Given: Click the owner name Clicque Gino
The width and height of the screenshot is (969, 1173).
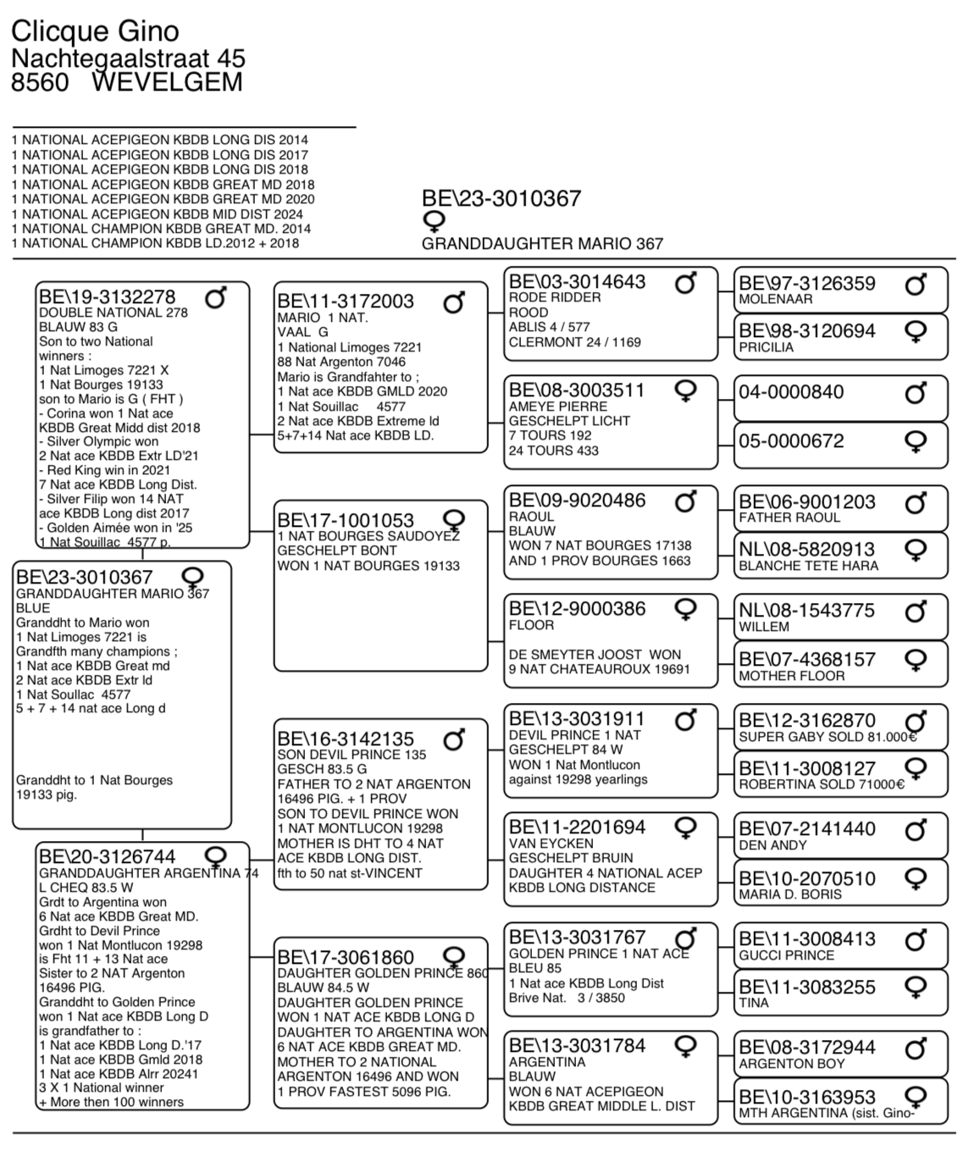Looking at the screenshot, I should [x=95, y=31].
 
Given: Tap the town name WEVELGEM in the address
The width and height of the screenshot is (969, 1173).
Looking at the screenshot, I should [x=167, y=82].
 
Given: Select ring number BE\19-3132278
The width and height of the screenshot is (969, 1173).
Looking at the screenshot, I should [x=107, y=296].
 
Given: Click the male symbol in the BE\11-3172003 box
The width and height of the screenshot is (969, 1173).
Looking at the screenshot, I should [x=455, y=302].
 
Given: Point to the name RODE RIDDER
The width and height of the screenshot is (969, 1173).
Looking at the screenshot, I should [x=555, y=297].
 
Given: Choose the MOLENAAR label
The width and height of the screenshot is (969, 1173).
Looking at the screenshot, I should [x=775, y=299].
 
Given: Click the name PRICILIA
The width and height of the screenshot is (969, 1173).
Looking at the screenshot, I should [x=766, y=347].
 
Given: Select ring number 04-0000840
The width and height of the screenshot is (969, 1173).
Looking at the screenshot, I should [x=791, y=392].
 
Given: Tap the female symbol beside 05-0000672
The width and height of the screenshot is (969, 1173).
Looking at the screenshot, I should [x=916, y=441].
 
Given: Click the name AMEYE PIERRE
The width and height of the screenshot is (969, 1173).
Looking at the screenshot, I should [x=558, y=406].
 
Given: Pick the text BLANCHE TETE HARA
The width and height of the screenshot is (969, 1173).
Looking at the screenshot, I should [x=808, y=566].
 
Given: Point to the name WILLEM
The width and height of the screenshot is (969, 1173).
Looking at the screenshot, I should [x=764, y=627].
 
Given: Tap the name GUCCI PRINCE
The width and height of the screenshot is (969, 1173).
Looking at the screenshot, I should [x=786, y=955].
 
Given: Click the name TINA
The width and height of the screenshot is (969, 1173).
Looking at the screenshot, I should [x=754, y=1003].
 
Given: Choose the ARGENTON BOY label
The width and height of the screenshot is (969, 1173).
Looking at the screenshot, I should [x=792, y=1064].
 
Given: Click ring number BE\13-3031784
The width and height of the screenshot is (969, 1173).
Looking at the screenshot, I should [x=578, y=1046].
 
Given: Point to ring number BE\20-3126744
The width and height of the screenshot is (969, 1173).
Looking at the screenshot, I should [x=107, y=856].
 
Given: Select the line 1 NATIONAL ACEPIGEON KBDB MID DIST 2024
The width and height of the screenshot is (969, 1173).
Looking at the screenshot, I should [x=158, y=214].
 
